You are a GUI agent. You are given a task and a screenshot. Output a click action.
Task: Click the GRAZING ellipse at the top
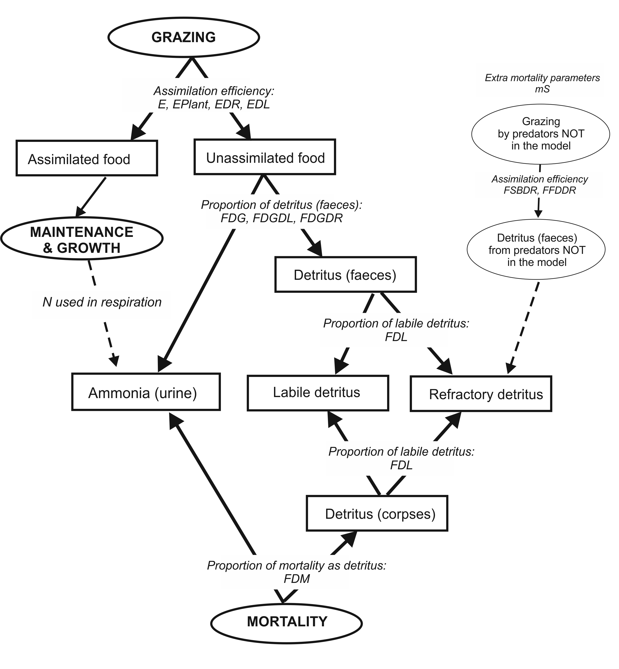click(x=183, y=37)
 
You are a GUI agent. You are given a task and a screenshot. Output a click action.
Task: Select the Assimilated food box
click(x=87, y=158)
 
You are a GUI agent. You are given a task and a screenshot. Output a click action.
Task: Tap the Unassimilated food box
click(x=265, y=157)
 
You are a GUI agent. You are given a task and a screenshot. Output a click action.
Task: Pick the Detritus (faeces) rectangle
click(x=345, y=275)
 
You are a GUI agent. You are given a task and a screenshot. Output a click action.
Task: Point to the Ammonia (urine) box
click(x=146, y=392)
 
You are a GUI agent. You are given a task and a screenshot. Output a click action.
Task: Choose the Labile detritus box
click(x=317, y=393)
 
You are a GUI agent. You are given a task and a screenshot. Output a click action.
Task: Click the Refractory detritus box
click(x=481, y=394)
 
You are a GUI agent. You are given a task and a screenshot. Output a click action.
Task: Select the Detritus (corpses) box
click(x=377, y=514)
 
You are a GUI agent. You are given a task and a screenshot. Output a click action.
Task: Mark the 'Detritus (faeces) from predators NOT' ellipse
click(x=536, y=250)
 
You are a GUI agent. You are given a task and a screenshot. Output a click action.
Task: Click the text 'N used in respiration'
click(x=102, y=302)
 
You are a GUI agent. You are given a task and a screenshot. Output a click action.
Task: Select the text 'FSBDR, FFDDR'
click(x=540, y=190)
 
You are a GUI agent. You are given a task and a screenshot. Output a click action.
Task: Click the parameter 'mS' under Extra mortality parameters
click(x=542, y=89)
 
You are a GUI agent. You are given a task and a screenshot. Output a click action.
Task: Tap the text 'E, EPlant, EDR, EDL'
click(x=214, y=104)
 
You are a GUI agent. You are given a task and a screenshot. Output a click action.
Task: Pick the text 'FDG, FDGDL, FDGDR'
click(x=281, y=218)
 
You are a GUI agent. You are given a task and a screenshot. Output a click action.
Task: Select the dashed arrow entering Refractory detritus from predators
click(x=524, y=328)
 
